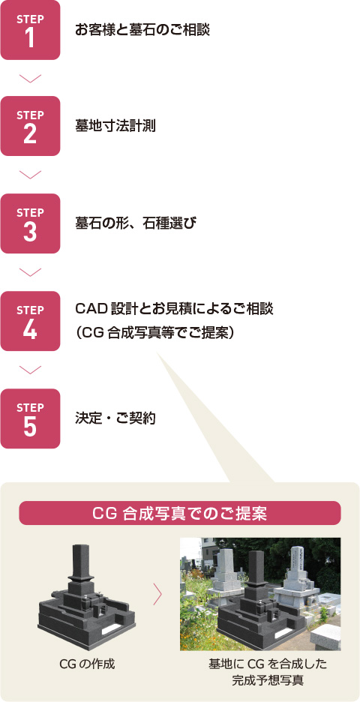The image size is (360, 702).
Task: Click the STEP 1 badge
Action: click(30, 30)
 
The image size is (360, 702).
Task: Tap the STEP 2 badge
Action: click(30, 126)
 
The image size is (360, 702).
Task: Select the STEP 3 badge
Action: click(30, 223)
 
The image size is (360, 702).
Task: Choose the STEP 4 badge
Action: click(30, 321)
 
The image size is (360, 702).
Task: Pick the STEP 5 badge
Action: click(30, 418)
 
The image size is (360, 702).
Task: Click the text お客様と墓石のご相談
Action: click(142, 31)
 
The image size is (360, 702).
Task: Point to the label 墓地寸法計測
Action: click(115, 127)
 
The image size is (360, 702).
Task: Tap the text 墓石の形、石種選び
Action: click(136, 223)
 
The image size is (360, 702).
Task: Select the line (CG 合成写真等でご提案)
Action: click(155, 334)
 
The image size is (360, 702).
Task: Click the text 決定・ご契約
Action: click(115, 419)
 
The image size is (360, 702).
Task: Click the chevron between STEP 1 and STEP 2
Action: click(31, 78)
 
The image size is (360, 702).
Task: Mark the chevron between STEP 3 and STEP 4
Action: click(31, 272)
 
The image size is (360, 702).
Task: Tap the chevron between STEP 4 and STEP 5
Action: click(31, 370)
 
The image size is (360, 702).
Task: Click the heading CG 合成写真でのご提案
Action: click(180, 514)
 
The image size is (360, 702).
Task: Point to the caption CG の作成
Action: click(87, 664)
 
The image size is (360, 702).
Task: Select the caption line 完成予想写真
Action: click(268, 680)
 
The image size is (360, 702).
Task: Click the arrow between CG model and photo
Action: click(157, 594)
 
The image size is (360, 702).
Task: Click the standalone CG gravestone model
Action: click(86, 597)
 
